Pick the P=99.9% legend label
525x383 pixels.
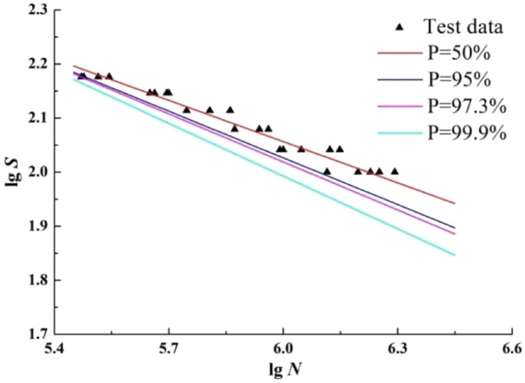pyautogui.click(x=465, y=132)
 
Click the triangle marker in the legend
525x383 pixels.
pyautogui.click(x=399, y=27)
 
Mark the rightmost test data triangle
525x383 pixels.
pyautogui.click(x=395, y=171)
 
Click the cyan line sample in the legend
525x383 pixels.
pyautogui.click(x=399, y=132)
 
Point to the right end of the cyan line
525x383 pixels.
pyautogui.click(x=455, y=255)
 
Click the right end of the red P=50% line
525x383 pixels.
pyautogui.click(x=455, y=203)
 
